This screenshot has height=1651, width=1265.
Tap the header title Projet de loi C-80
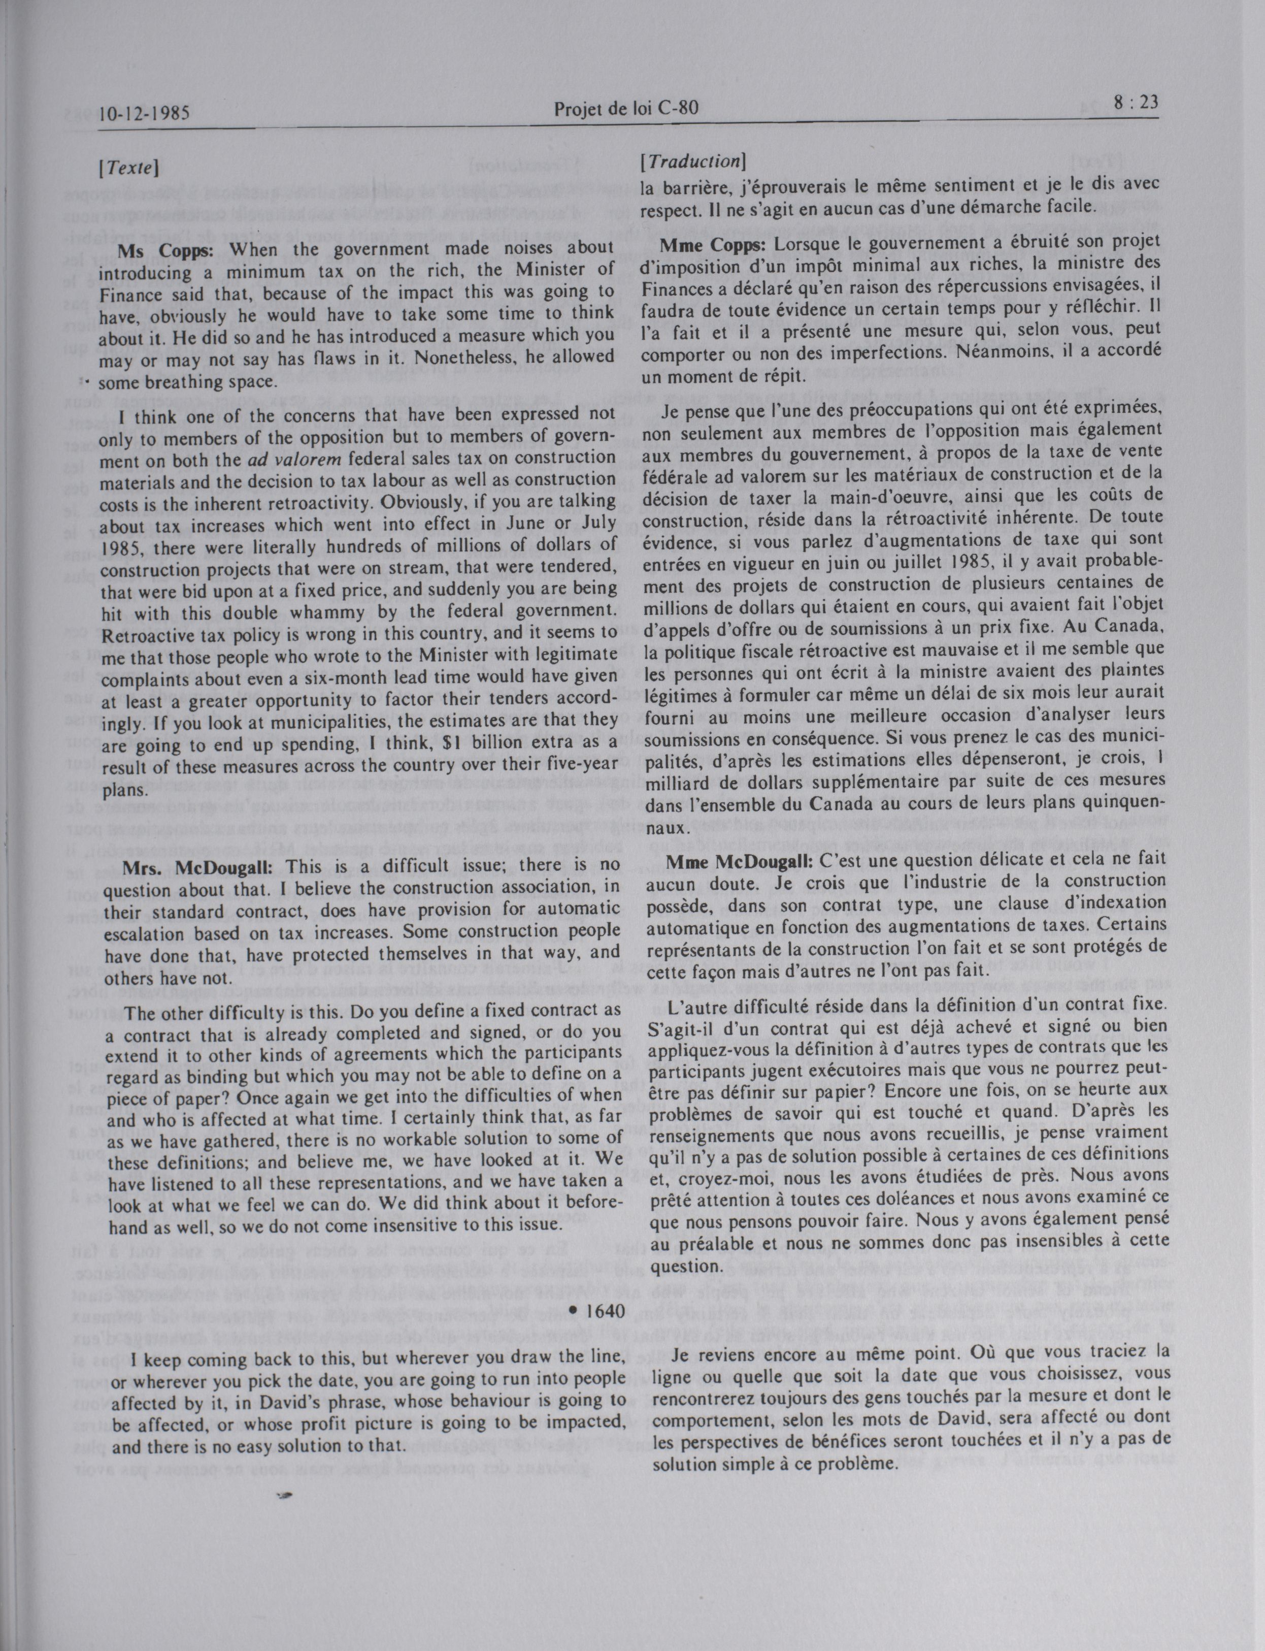(626, 109)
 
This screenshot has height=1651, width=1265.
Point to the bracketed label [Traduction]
(692, 161)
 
